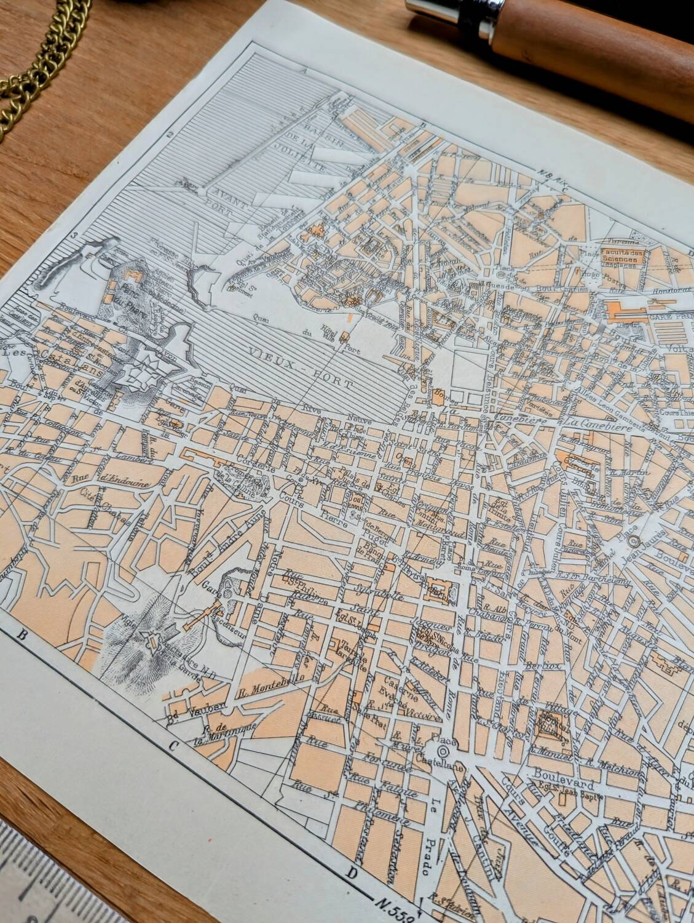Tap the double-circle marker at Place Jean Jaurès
[634, 541]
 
